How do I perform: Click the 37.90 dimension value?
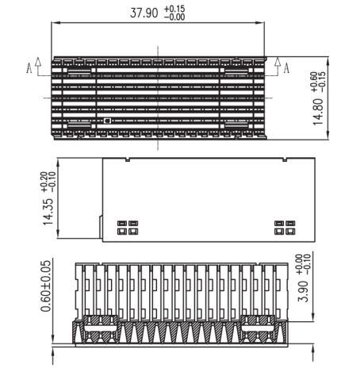144,13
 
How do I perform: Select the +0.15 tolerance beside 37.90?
174,9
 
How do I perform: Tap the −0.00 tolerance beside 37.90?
174,17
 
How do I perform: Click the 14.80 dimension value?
318,112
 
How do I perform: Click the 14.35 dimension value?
48,212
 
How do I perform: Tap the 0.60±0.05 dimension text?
46,286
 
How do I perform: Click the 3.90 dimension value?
303,292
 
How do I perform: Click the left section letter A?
29,68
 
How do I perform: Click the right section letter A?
286,68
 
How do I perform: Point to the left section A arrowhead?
38,61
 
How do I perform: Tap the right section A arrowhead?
278,61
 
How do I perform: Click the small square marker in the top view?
107,121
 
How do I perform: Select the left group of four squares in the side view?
128,228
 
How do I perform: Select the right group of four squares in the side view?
285,228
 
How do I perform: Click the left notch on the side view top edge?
128,159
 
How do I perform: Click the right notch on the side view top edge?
285,159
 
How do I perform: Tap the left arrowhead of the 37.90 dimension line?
56,23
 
